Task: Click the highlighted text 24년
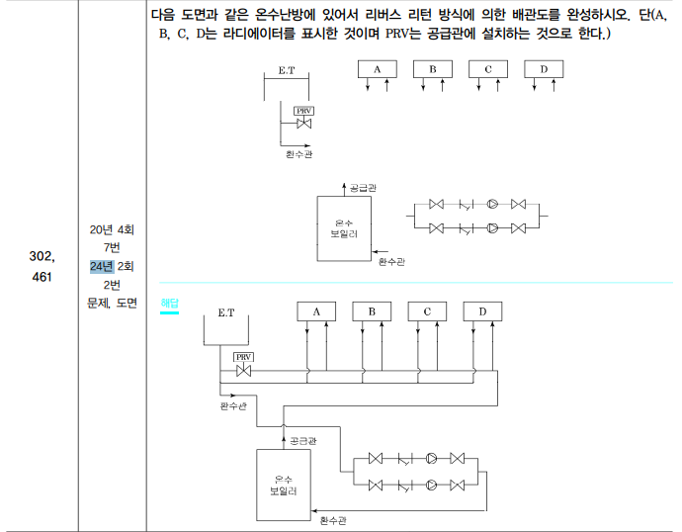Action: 102,266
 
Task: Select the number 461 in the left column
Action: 41,277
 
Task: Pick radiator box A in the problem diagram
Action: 377,69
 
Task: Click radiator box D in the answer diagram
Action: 482,311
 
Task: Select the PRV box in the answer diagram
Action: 243,357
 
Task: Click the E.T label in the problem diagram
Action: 287,71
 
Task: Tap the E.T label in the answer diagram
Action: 226,312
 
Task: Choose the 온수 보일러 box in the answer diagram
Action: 285,484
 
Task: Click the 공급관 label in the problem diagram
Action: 363,187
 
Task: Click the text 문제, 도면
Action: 112,303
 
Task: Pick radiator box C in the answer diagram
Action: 427,311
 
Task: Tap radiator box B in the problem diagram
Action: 432,69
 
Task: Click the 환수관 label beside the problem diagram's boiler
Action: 392,261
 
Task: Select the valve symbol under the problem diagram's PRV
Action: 303,124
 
